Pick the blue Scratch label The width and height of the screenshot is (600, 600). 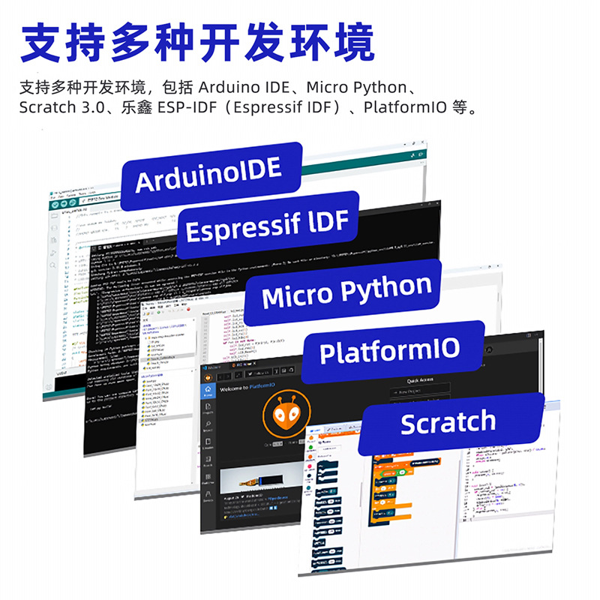point(448,422)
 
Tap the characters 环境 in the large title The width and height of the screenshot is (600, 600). point(337,43)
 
